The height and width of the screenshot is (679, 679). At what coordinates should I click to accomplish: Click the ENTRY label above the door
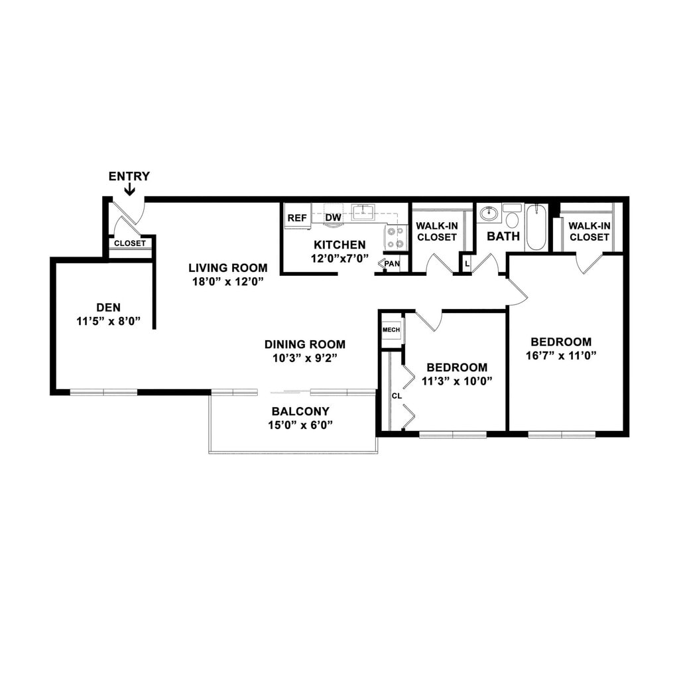pos(129,176)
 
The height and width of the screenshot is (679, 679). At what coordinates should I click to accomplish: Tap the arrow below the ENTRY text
pos(129,190)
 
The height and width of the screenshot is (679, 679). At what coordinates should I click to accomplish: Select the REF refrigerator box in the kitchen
pos(297,217)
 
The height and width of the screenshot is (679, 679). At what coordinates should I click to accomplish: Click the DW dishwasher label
pos(333,217)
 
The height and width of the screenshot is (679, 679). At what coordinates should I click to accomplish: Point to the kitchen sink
pos(363,212)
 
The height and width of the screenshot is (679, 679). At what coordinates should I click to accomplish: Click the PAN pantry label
pos(392,264)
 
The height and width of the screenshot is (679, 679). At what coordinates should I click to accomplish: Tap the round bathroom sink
pos(489,214)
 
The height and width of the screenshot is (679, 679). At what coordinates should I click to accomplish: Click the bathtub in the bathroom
pos(536,227)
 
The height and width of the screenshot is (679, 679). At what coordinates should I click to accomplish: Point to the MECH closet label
pos(391,329)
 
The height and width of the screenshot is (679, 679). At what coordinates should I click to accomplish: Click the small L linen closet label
pos(467,264)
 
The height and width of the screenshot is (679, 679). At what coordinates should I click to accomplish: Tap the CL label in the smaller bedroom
pos(397,395)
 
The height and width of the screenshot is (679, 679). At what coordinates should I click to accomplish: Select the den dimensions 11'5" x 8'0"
pos(109,321)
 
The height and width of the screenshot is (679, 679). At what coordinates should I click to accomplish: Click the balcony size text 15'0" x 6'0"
pos(300,425)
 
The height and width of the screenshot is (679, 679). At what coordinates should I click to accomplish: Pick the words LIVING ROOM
pos(228,268)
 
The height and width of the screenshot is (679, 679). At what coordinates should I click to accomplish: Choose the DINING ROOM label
pos(305,344)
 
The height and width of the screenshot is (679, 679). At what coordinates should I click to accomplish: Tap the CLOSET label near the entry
pos(130,243)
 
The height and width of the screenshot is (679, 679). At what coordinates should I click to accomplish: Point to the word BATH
pos(503,236)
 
